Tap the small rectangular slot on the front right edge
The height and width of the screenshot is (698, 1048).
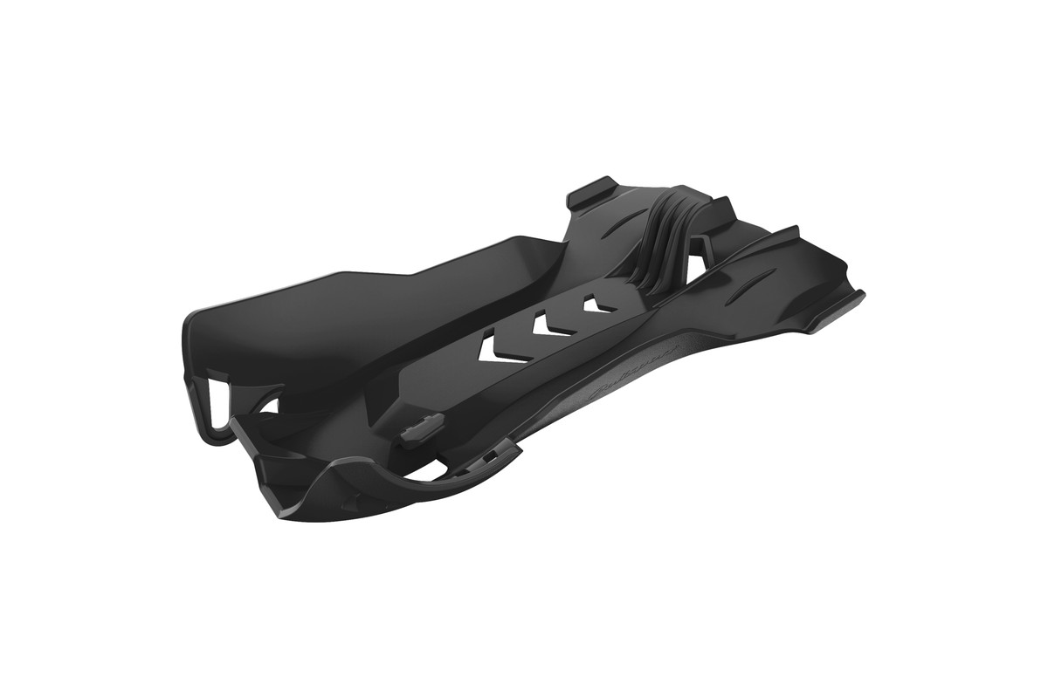493,454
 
